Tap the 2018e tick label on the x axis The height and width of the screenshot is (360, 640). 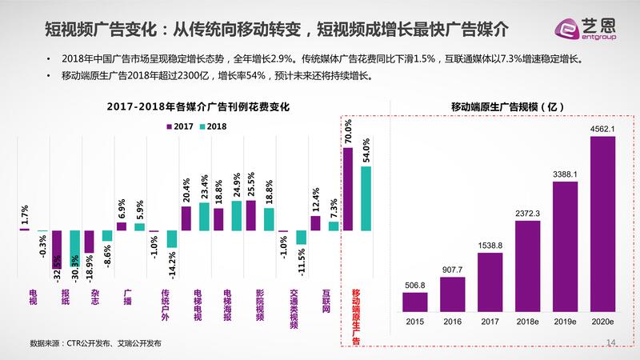click(x=527, y=322)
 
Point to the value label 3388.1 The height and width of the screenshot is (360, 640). click(x=565, y=172)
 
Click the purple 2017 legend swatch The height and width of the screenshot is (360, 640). click(x=169, y=126)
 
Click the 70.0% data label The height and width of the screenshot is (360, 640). click(x=348, y=132)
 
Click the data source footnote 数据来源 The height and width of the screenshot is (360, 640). click(x=95, y=344)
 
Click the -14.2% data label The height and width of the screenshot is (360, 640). click(x=171, y=261)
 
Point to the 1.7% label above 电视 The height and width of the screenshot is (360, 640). click(x=25, y=214)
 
